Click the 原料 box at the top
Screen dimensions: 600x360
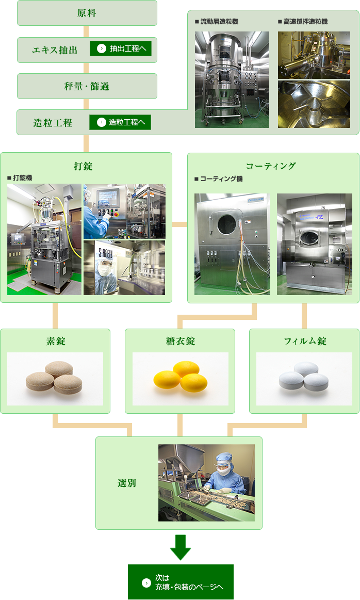click(87, 13)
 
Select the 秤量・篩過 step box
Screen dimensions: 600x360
click(87, 86)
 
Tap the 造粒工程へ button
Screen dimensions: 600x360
click(120, 122)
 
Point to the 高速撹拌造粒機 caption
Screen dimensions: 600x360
click(305, 22)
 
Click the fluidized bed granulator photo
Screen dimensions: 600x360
click(232, 79)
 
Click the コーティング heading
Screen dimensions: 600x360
click(271, 166)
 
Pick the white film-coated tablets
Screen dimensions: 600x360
click(304, 376)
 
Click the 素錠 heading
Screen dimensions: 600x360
click(55, 341)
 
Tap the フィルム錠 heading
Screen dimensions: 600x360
click(305, 341)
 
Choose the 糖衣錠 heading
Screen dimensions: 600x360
click(180, 341)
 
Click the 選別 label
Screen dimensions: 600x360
click(127, 483)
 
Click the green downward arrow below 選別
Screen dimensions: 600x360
click(180, 547)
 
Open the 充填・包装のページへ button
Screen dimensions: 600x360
click(181, 582)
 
